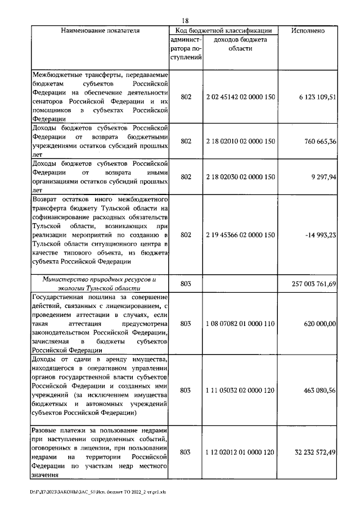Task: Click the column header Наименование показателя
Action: pos(100,30)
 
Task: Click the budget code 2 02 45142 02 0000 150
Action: pos(240,97)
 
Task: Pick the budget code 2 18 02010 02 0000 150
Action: pos(240,141)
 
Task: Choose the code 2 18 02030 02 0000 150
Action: pos(240,176)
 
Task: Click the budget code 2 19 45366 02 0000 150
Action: pos(240,234)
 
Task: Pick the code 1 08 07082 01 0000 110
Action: pos(240,324)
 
